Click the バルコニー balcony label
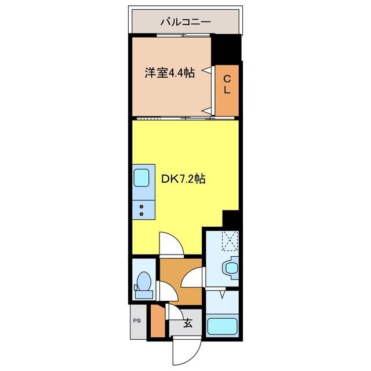[185, 23]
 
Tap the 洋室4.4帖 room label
[169, 73]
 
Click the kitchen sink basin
[141, 177]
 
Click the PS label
[137, 321]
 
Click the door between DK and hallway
[172, 244]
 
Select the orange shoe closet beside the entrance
[157, 322]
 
